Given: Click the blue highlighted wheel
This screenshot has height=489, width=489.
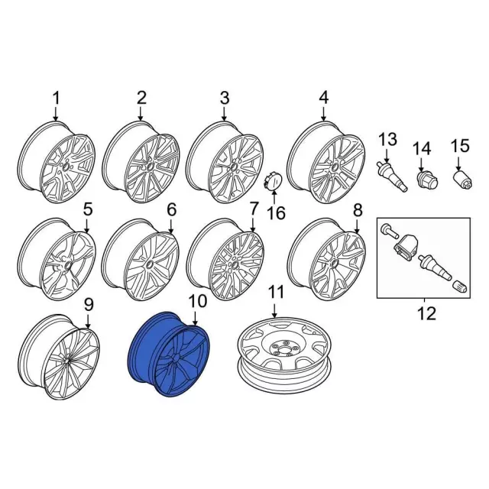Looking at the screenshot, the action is (x=170, y=354).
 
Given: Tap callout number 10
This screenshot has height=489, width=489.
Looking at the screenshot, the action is (x=198, y=302).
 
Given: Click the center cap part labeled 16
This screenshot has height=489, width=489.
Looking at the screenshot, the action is (x=271, y=182).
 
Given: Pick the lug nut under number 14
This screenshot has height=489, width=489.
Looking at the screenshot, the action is (x=428, y=180).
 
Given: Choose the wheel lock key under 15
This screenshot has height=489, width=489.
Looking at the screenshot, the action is (x=462, y=180).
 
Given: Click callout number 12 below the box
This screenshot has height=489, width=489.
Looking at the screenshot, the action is (x=426, y=313).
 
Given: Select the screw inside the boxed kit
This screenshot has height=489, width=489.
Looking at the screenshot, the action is (x=389, y=231).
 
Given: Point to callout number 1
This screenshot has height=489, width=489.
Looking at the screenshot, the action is (x=56, y=99).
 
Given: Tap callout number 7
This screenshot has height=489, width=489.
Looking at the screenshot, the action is (x=254, y=209).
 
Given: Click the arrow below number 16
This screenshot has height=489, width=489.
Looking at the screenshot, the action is (x=274, y=196).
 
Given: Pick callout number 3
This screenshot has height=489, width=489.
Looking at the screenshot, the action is (x=224, y=98).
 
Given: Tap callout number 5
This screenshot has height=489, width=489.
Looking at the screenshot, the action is (x=88, y=209).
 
